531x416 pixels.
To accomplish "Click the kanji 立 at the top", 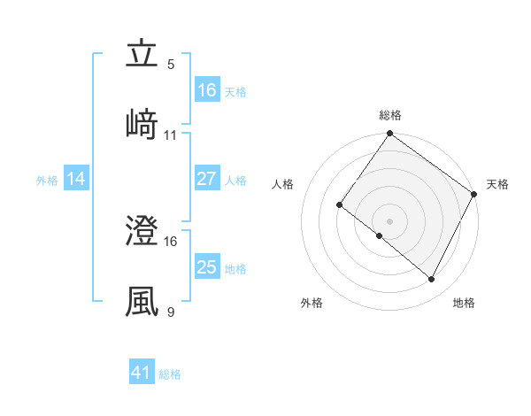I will click(x=142, y=55).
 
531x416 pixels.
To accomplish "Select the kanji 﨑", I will click(x=142, y=124).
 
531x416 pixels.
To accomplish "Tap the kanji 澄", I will click(x=142, y=232).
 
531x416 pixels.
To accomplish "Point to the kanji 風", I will click(x=142, y=301).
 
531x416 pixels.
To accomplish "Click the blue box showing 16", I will click(x=207, y=90).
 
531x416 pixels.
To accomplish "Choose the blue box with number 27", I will click(x=207, y=179).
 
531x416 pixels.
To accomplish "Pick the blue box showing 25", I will click(x=207, y=267).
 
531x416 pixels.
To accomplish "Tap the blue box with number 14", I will click(x=76, y=179).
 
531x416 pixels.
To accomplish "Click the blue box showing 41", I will click(x=142, y=373).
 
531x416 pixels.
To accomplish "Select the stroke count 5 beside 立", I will click(x=171, y=65).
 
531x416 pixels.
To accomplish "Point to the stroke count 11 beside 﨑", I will click(x=171, y=135).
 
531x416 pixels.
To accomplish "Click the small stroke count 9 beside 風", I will click(x=171, y=312).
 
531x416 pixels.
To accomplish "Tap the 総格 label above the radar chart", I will click(x=390, y=115).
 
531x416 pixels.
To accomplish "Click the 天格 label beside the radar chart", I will click(x=497, y=184).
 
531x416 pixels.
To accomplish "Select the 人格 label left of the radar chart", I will click(x=283, y=184).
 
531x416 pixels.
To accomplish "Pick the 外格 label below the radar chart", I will click(x=312, y=303).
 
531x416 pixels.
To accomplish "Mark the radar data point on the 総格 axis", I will click(x=390, y=135).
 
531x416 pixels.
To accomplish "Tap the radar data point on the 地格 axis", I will click(x=432, y=280).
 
